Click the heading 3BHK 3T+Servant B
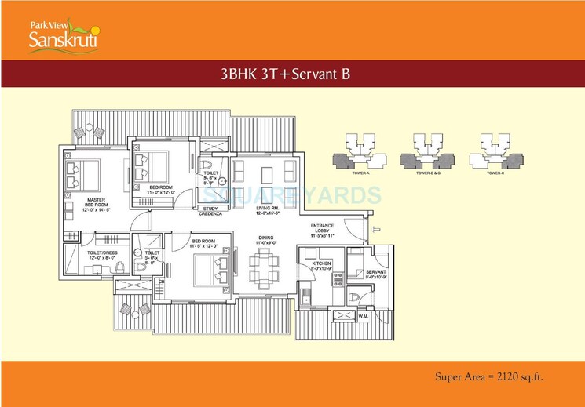click(292, 74)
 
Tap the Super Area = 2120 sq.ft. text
click(488, 377)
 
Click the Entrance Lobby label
click(323, 230)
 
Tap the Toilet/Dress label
click(101, 254)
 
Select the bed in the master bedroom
click(83, 174)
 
